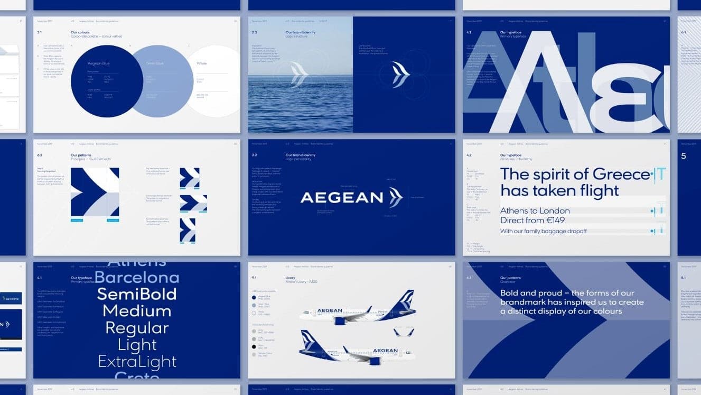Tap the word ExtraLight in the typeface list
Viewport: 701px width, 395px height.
[137, 362]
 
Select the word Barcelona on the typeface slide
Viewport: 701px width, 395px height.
[136, 277]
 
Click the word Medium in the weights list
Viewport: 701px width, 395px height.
[137, 310]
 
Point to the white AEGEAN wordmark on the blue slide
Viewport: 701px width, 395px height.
[342, 198]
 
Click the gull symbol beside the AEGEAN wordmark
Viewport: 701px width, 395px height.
[396, 198]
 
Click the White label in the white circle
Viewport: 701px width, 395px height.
[202, 63]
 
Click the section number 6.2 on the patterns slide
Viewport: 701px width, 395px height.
[40, 155]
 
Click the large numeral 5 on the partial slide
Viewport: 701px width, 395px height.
[684, 156]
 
